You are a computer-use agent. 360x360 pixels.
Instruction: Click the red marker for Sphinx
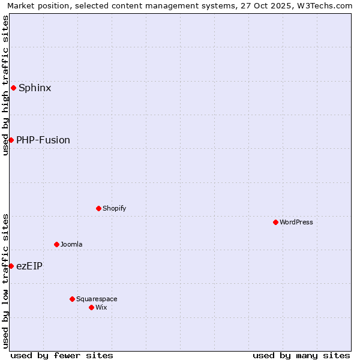[x=13, y=88]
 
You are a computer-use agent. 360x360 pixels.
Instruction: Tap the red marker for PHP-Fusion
[x=11, y=140]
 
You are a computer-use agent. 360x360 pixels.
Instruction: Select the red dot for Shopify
[x=98, y=208]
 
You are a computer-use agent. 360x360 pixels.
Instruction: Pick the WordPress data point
[x=275, y=222]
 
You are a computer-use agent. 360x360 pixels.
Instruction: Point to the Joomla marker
[x=56, y=244]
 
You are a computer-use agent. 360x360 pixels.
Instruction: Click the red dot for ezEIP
[x=11, y=266]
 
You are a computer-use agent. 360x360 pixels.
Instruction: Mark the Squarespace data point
[x=72, y=299]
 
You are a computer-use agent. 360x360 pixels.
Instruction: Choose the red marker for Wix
[x=91, y=307]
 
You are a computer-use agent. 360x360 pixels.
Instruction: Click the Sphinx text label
[x=35, y=88]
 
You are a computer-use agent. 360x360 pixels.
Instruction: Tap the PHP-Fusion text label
[x=43, y=140]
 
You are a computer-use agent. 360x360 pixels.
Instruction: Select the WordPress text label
[x=296, y=222]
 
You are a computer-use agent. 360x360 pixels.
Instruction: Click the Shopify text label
[x=115, y=208]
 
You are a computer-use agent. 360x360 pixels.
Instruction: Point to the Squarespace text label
[x=97, y=299]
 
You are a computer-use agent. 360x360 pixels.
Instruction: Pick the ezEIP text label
[x=29, y=266]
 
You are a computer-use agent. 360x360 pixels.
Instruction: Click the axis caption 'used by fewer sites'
[x=62, y=355]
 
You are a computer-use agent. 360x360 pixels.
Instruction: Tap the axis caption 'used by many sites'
[x=301, y=355]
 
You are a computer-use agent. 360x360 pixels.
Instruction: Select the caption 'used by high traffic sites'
[x=5, y=85]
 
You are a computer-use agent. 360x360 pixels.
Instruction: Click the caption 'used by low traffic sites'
[x=5, y=281]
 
